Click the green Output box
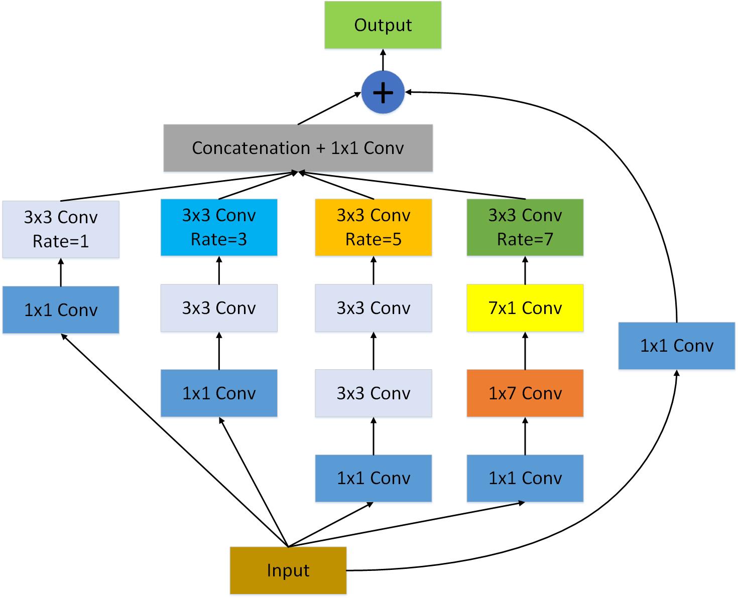(x=383, y=25)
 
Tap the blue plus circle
(x=383, y=92)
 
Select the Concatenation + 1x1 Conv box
(x=298, y=148)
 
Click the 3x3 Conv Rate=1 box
(x=61, y=229)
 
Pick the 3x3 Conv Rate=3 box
(x=219, y=227)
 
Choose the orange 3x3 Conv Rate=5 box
(x=374, y=227)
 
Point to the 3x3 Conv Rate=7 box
(x=525, y=227)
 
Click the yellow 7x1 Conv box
(x=525, y=308)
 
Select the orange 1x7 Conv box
(x=525, y=393)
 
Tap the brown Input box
(x=288, y=570)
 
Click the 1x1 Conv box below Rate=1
(x=61, y=310)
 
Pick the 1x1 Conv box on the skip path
(x=677, y=346)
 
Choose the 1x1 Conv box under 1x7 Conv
(x=525, y=478)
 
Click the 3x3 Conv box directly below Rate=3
(x=219, y=308)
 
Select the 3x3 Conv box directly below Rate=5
(x=374, y=308)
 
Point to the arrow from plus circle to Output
(x=383, y=60)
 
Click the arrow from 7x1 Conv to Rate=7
(x=525, y=270)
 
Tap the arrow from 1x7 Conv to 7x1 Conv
(x=525, y=351)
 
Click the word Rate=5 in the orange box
(x=374, y=240)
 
